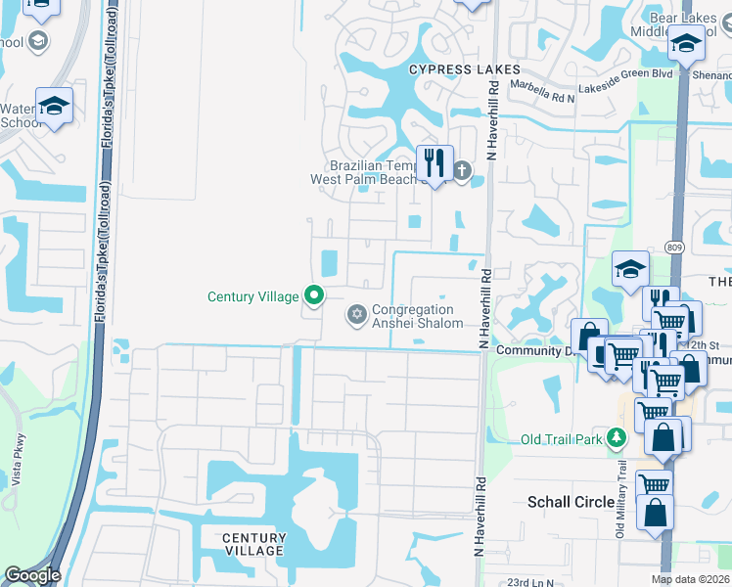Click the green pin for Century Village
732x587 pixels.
pos(313,294)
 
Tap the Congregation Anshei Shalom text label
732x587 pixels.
pos(417,316)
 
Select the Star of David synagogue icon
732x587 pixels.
pos(356,314)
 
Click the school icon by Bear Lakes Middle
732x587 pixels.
pos(686,45)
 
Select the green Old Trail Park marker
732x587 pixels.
pos(616,438)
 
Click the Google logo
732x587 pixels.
pos(32,575)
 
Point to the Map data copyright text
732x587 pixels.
pos(690,579)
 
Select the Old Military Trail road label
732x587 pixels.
pos(620,514)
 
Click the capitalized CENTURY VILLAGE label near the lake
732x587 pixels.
pos(253,544)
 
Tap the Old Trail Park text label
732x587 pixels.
pos(562,439)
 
